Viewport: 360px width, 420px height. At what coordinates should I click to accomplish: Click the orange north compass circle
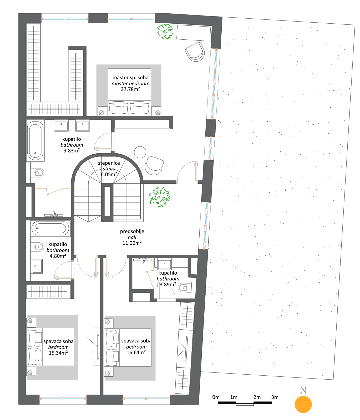click(x=303, y=404)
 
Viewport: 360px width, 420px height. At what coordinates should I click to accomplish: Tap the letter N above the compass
click(x=303, y=390)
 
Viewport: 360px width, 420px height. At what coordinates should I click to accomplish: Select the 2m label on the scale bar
click(x=257, y=397)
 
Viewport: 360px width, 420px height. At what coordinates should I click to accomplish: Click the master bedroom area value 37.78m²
click(x=130, y=89)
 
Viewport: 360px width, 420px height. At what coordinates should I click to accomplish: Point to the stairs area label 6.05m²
click(x=109, y=174)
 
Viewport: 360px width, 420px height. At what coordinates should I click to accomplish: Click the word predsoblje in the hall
click(x=132, y=231)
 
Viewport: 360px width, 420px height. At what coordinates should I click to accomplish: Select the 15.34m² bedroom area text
click(x=58, y=353)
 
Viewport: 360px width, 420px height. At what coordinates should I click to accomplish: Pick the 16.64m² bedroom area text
click(x=136, y=352)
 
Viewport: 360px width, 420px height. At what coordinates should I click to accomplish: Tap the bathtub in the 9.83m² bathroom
click(x=35, y=141)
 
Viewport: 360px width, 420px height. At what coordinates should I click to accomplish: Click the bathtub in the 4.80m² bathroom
click(x=50, y=228)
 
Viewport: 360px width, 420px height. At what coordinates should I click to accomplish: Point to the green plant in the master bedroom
click(x=165, y=31)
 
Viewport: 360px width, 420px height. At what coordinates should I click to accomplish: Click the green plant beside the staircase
click(x=159, y=197)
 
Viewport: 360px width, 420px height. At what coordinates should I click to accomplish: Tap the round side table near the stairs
click(x=140, y=152)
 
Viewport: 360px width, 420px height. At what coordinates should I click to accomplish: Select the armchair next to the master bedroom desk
click(x=195, y=52)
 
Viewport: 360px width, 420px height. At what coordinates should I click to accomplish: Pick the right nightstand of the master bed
click(x=156, y=111)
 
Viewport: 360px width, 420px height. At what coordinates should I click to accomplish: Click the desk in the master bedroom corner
click(x=194, y=33)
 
